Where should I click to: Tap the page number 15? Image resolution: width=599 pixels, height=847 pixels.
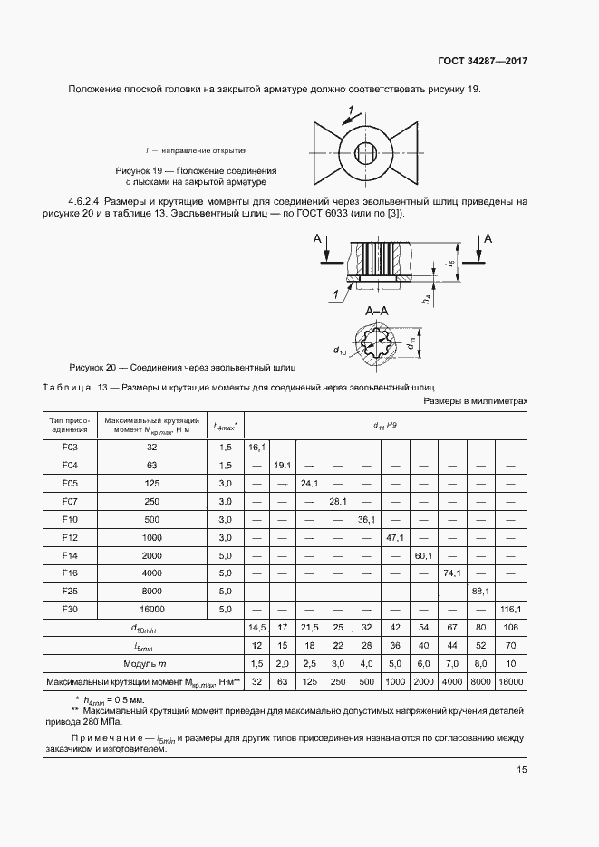520,770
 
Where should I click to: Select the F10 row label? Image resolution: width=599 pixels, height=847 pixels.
71,519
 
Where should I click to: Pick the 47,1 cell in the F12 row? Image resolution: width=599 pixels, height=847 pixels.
396,537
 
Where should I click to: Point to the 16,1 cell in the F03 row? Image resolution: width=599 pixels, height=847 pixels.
256,448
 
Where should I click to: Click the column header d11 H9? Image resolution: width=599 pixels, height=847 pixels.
386,424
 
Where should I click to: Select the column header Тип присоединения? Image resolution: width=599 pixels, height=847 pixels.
71,424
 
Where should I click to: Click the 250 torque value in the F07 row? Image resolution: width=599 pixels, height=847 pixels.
151,501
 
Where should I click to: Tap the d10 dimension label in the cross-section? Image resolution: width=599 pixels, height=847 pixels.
341,350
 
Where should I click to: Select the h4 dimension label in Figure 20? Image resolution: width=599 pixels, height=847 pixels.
426,296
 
